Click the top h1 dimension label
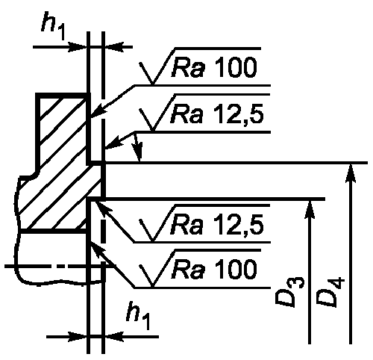click(x=53, y=25)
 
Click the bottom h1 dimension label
click(x=138, y=315)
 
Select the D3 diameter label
click(x=289, y=291)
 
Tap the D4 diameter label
click(x=330, y=291)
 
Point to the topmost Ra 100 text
click(x=214, y=67)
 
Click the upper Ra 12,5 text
click(x=217, y=114)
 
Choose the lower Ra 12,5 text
click(x=217, y=226)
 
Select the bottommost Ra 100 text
click(x=214, y=270)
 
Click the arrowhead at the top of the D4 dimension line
click(x=351, y=173)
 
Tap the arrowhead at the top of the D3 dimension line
click(x=310, y=210)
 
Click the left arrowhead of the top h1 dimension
click(x=77, y=47)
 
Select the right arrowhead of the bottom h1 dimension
click(x=114, y=337)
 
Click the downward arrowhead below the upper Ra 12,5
click(x=138, y=152)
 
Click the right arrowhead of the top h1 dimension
click(x=114, y=47)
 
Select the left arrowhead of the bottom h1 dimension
click(x=77, y=337)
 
